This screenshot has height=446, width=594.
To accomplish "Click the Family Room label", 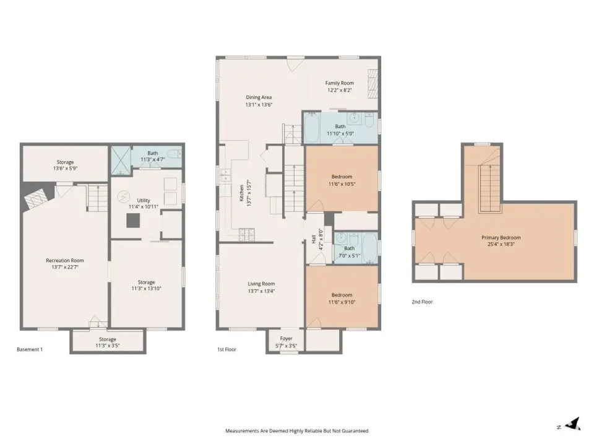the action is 340,83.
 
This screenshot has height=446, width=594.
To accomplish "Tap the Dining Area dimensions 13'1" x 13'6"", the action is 259,105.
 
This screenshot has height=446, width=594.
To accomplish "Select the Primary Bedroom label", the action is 501,238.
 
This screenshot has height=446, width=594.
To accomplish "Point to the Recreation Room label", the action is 65,261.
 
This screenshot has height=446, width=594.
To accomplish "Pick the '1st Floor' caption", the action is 226,349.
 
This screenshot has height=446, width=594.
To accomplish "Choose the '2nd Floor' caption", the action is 422,302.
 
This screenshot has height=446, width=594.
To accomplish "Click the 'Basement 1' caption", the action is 30,349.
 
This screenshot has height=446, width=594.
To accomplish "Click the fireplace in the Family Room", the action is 373,84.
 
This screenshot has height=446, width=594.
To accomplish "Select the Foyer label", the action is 286,339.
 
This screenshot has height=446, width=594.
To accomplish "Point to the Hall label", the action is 314,239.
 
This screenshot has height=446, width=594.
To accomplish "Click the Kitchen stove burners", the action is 247,234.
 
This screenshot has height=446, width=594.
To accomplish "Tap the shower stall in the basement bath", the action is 121,161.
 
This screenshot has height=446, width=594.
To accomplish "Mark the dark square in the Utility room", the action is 133,221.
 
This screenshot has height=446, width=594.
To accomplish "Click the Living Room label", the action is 261,284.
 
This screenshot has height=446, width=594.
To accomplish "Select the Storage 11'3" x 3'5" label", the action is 108,343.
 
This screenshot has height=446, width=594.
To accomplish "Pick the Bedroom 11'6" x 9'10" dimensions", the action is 342,302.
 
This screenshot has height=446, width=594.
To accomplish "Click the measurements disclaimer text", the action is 297,431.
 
